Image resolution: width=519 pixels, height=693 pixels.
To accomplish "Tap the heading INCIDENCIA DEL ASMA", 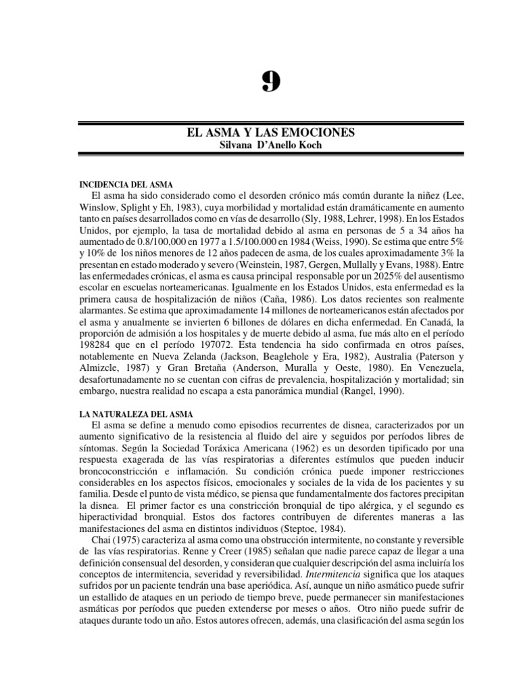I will (126, 184).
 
